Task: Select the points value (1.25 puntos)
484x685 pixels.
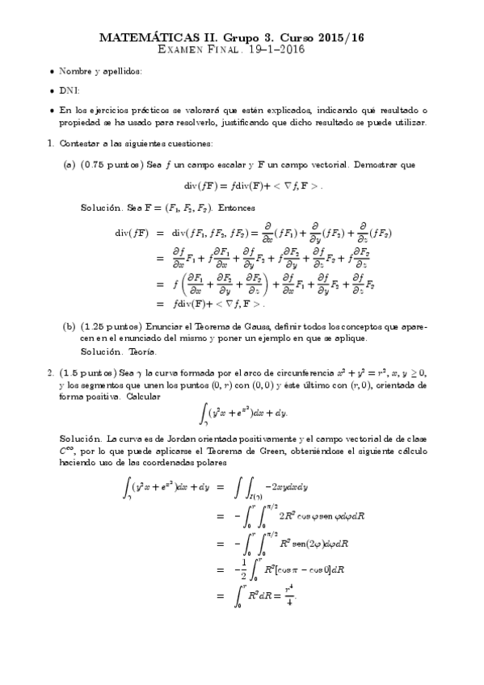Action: pos(113,327)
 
